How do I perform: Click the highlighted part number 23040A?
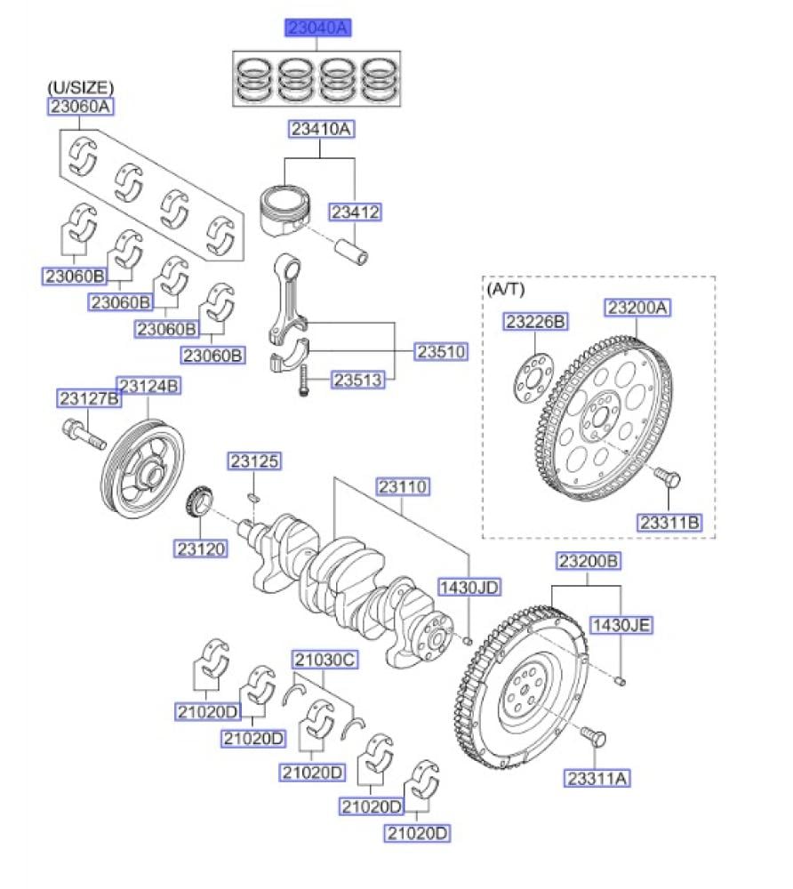(x=318, y=28)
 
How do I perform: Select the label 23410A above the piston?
(x=320, y=130)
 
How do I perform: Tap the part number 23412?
(x=355, y=212)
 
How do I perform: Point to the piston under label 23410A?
(x=287, y=213)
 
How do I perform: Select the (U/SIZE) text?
(x=80, y=87)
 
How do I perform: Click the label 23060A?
(x=81, y=107)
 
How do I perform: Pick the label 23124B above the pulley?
(x=149, y=387)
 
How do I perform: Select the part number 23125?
(x=254, y=461)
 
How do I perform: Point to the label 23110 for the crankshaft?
(x=404, y=487)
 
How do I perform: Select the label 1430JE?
(x=621, y=625)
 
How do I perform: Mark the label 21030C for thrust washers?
(x=324, y=660)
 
